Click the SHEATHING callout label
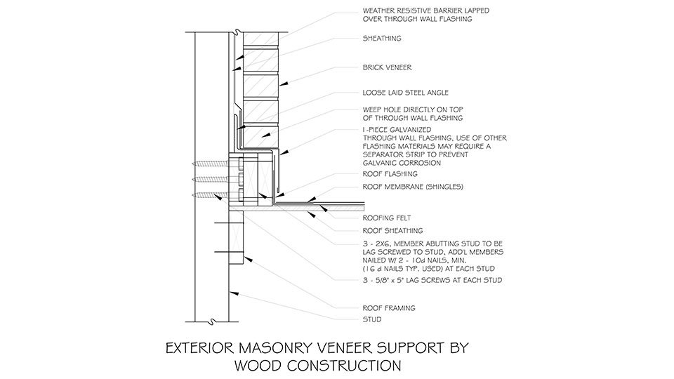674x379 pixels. (383, 39)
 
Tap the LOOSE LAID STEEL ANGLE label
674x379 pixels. (405, 92)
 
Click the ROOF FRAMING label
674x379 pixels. (388, 307)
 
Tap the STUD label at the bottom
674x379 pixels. (372, 319)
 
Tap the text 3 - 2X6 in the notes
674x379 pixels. (377, 243)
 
